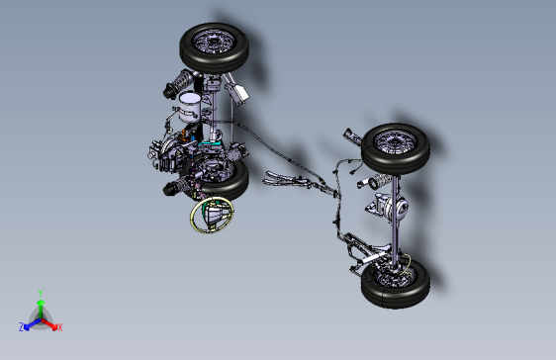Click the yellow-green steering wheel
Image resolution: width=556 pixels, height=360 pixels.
[x=212, y=215]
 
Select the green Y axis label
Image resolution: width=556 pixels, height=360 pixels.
[x=40, y=293]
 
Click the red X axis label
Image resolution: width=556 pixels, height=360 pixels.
[x=59, y=326]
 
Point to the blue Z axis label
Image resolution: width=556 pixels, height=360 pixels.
[x=22, y=326]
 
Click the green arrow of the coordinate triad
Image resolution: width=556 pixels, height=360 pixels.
[x=40, y=306]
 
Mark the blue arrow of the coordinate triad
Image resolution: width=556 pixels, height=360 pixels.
[x=31, y=322]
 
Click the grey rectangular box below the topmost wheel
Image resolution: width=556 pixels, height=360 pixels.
[x=237, y=95]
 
